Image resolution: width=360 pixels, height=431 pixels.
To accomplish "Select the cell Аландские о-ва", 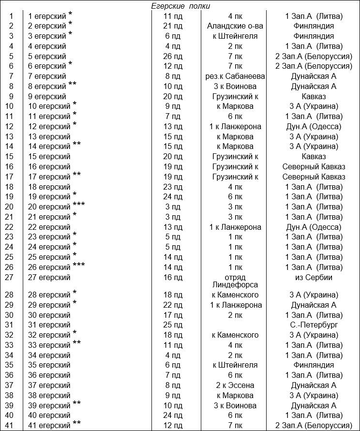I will (x=235, y=26).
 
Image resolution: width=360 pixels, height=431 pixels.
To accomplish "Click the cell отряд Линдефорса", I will (x=235, y=281).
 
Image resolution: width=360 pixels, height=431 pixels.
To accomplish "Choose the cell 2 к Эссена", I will (x=235, y=385).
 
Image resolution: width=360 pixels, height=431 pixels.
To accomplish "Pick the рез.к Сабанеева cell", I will (x=235, y=76).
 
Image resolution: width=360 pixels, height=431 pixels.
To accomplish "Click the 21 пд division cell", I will (x=173, y=26).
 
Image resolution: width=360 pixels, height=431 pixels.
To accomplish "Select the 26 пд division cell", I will (x=173, y=56).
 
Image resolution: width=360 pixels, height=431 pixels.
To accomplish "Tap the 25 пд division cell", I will (x=173, y=325).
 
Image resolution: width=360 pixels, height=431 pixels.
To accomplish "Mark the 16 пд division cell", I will (x=173, y=278).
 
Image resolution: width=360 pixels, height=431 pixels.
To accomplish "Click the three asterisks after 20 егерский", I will (x=79, y=205).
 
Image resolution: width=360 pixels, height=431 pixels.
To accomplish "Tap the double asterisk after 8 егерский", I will (x=73, y=85).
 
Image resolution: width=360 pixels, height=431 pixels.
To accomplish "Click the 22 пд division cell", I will (x=173, y=305).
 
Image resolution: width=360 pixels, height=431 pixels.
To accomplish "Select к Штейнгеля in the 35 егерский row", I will (x=235, y=365).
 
